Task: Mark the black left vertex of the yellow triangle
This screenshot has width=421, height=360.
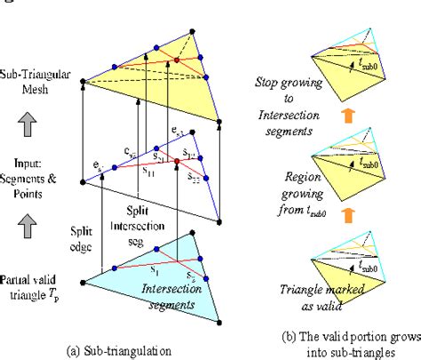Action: coord(83,82)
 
